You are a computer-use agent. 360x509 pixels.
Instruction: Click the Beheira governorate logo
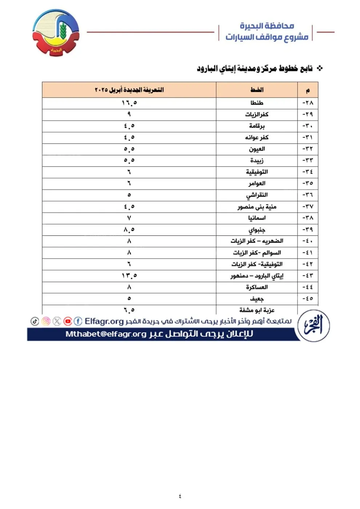click(56, 33)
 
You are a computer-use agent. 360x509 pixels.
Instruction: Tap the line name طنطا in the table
click(257, 103)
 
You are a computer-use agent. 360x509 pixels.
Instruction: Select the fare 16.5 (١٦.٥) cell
click(129, 103)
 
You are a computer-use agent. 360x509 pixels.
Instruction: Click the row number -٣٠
click(308, 126)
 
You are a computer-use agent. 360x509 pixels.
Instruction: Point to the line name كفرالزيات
click(257, 115)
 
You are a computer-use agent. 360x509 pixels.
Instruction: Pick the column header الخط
click(257, 90)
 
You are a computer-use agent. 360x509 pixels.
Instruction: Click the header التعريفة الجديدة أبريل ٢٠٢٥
click(129, 90)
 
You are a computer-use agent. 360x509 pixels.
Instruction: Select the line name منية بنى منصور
click(257, 207)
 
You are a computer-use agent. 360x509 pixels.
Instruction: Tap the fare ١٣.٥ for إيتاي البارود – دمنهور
click(129, 276)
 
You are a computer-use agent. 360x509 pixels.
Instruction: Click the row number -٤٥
click(308, 298)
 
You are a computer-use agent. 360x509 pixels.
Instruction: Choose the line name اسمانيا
click(257, 218)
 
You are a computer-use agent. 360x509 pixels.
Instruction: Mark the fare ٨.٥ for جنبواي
click(129, 230)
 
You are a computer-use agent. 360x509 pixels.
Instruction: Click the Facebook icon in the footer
click(78, 321)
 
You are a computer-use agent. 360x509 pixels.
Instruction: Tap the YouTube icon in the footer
click(68, 321)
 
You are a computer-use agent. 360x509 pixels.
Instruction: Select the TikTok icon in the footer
click(35, 321)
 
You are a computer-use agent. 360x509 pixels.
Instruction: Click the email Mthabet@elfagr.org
click(106, 334)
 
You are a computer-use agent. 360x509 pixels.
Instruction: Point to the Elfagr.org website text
click(104, 321)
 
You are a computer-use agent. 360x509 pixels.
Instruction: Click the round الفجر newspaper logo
click(313, 326)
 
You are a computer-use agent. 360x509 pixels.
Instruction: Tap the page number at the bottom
click(180, 496)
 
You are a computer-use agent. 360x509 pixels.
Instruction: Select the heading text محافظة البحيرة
click(267, 26)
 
